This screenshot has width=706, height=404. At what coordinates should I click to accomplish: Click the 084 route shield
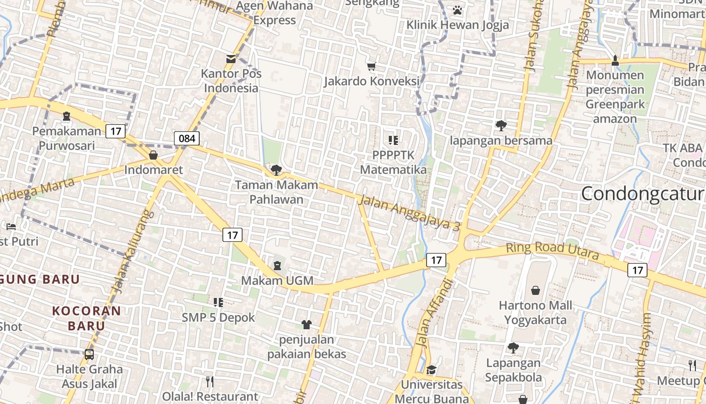tap(187, 138)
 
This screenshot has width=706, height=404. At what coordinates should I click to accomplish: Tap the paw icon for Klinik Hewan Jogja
tap(457, 10)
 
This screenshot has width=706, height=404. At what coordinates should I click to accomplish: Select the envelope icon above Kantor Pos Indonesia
tap(231, 59)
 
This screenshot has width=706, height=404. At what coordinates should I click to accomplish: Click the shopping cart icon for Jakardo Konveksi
tap(372, 66)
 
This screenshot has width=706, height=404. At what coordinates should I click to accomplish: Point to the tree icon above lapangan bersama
tap(501, 125)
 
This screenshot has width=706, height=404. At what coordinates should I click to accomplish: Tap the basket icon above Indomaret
tap(153, 155)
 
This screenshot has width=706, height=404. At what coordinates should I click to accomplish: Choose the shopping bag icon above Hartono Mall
tap(536, 290)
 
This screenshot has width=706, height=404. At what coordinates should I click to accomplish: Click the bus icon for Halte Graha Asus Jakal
tap(89, 355)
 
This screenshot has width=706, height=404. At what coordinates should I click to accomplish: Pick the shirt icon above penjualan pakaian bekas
tap(307, 324)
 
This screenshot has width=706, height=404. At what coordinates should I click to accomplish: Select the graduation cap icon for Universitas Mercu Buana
tap(431, 370)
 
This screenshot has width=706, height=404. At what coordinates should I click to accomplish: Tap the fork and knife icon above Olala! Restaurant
tap(210, 382)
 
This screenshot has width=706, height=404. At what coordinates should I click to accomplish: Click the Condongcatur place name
tap(643, 194)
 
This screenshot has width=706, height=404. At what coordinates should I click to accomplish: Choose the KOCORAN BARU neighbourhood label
tap(87, 318)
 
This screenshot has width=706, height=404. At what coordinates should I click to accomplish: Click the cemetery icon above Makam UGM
tap(277, 265)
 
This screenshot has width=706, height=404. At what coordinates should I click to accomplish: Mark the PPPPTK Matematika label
tap(393, 162)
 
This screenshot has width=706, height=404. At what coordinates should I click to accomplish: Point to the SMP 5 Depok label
tap(218, 318)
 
